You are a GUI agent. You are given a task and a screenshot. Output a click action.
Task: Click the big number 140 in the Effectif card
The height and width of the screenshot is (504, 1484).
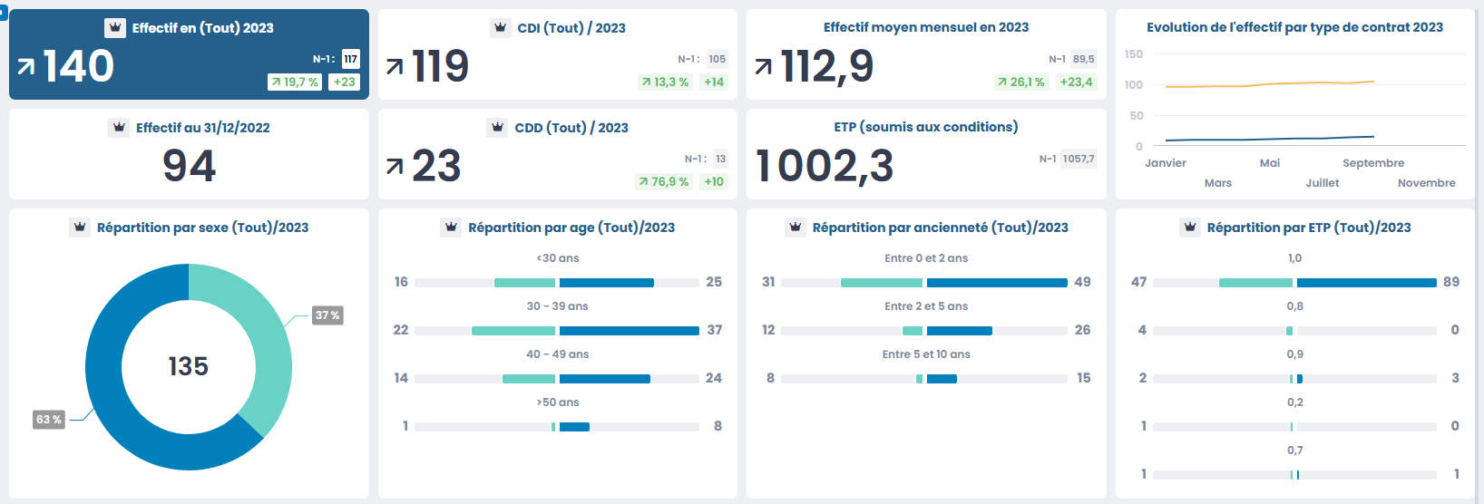[78, 66]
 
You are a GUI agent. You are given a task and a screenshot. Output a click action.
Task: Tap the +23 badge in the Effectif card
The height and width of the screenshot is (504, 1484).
[344, 82]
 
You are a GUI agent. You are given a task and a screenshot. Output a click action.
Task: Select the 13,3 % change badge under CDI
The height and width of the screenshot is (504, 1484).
[665, 82]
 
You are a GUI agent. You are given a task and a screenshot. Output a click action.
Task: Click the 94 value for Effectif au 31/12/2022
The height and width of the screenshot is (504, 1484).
[189, 166]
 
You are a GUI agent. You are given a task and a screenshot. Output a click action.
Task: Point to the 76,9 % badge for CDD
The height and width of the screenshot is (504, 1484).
[663, 181]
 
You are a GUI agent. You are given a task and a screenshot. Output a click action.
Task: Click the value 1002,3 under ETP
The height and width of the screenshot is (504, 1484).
[825, 166]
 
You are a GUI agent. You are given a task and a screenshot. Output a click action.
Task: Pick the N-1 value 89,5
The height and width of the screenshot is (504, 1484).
[1083, 59]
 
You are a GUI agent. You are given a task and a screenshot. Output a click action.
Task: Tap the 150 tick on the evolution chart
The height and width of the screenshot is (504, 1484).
[1134, 54]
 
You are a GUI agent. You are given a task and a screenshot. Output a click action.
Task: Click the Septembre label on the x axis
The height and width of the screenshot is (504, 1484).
[1373, 163]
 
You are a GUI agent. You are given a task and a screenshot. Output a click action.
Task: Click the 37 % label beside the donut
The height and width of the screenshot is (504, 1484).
[327, 315]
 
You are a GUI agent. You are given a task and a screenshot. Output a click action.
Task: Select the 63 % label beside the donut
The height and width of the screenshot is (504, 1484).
[49, 420]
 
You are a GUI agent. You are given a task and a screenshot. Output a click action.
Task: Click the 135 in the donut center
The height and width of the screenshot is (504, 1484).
[189, 366]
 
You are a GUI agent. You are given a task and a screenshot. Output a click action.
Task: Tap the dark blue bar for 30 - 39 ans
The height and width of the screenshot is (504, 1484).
[629, 330]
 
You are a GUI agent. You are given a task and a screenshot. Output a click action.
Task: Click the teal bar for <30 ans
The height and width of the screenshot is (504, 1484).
[524, 283]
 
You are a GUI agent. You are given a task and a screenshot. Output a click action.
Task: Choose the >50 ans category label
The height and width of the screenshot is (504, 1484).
[558, 402]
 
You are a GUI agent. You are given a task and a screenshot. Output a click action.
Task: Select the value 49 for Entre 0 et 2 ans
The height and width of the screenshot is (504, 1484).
[1082, 282]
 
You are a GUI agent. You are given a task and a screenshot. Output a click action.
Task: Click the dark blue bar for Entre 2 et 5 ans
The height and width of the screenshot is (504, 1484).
[959, 330]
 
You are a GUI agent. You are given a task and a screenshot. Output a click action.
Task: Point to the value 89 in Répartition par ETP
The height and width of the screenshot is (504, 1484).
[1451, 282]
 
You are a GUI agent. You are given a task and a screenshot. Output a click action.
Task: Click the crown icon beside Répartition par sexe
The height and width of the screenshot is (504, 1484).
[80, 227]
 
